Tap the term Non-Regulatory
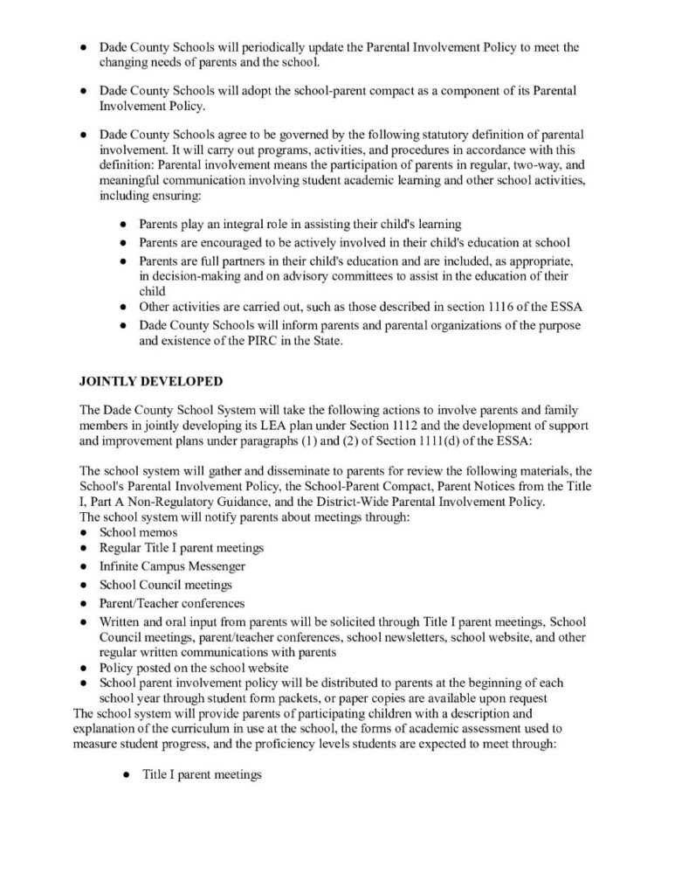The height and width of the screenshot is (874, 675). [180, 502]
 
